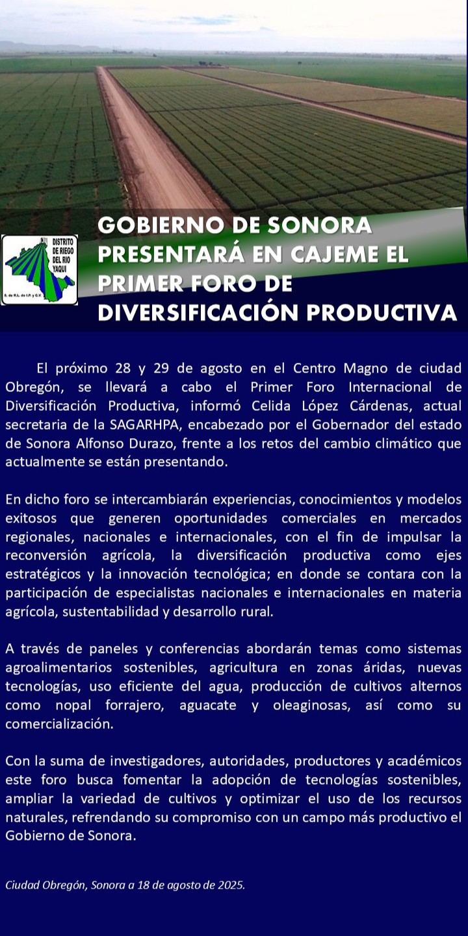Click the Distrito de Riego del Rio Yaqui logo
click(x=40, y=270)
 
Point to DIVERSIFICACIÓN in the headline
click(x=198, y=312)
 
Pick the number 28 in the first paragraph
click(x=123, y=368)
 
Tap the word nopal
click(x=73, y=706)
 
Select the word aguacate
click(x=207, y=706)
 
